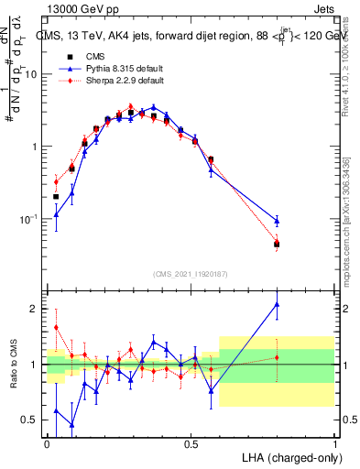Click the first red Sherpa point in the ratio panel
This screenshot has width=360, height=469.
point(56,327)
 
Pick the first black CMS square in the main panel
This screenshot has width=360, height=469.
point(56,196)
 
